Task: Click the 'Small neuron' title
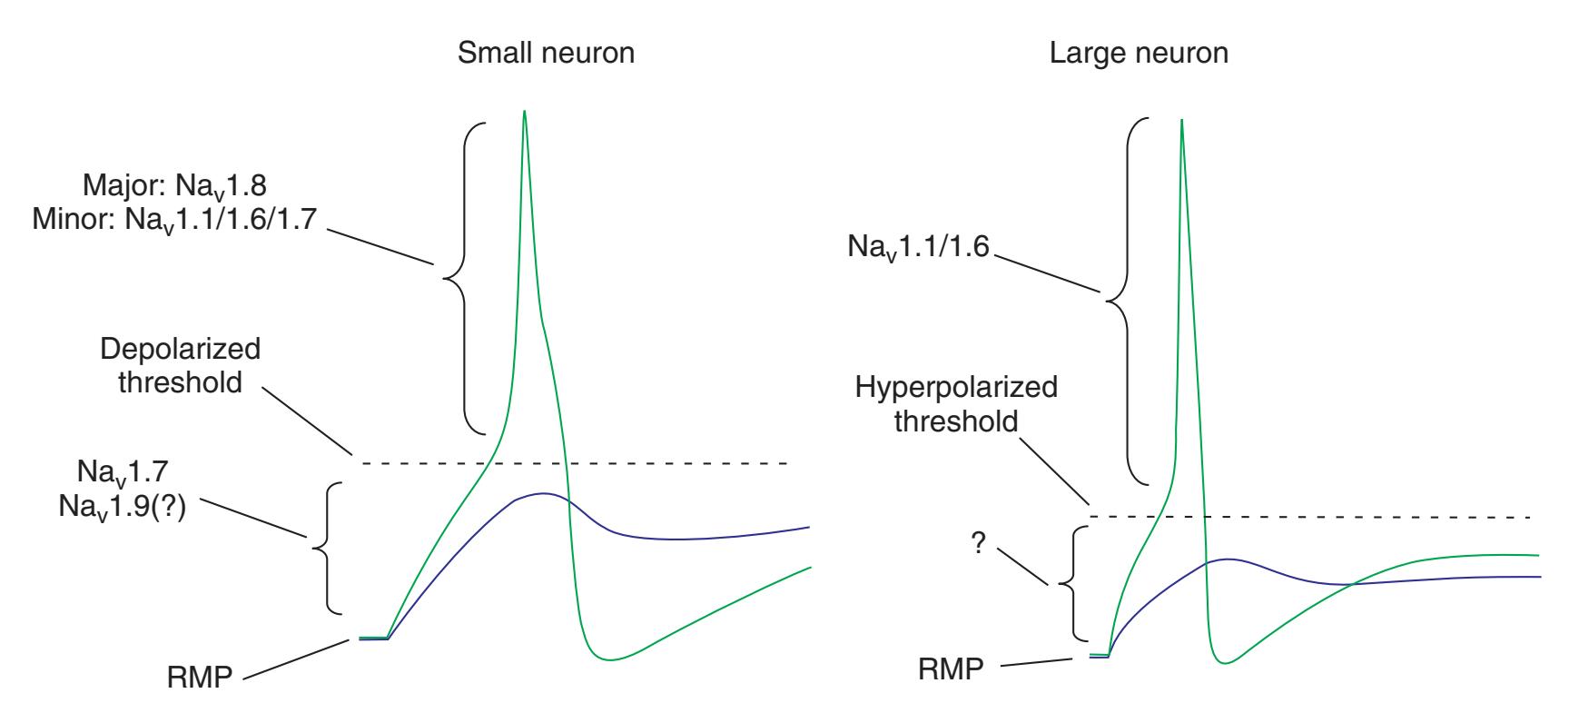(546, 54)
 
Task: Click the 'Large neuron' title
(1139, 54)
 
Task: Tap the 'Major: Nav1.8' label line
(173, 186)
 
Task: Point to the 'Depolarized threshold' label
(181, 365)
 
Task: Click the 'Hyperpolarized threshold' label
(956, 404)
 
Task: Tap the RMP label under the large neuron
(951, 670)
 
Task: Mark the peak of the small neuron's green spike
(524, 111)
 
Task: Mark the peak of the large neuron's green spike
(1181, 120)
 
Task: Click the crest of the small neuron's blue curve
(543, 493)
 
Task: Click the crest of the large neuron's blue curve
(1227, 559)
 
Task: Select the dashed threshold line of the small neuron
(636, 464)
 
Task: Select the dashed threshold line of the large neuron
(1362, 517)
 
